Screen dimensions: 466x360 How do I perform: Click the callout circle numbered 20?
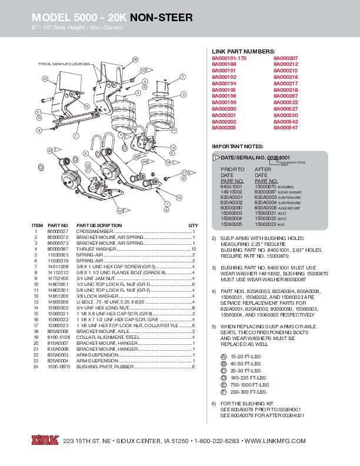point(135,59)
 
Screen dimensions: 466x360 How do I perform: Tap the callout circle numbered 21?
point(44,78)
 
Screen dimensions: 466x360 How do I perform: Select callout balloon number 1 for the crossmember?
point(76,136)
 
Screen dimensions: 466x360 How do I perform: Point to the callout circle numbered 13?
point(173,129)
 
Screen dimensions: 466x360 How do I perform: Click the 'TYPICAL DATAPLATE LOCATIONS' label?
point(64,64)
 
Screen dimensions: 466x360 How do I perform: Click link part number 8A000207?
point(286,59)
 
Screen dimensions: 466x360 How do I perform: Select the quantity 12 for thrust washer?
point(193,250)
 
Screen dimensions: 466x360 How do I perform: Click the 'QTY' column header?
point(193,225)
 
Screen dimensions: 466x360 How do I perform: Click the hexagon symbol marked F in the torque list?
point(224,391)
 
